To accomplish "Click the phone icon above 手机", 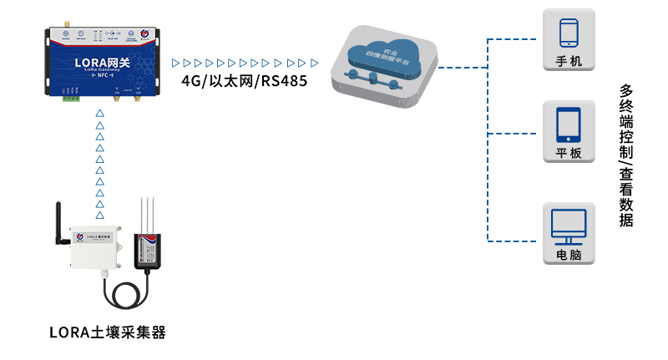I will [x=569, y=33].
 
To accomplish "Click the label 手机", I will [x=569, y=62].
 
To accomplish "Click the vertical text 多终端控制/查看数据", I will [x=625, y=155].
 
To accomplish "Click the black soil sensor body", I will [x=152, y=250].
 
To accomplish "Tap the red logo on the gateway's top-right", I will [x=143, y=33].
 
